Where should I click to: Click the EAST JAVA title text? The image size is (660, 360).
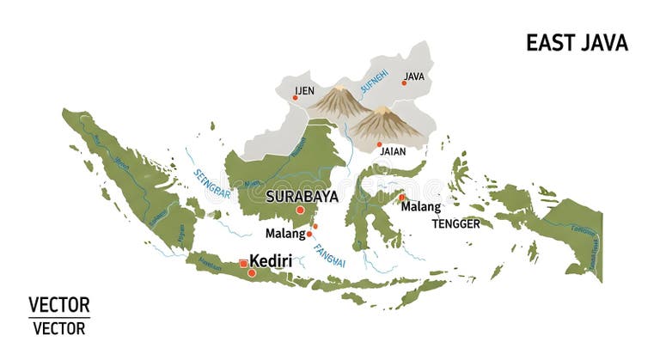click(x=577, y=43)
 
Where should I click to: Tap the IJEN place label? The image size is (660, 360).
click(x=304, y=89)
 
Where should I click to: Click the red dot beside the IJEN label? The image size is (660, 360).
click(x=295, y=98)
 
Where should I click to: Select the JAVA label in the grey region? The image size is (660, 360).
click(x=414, y=76)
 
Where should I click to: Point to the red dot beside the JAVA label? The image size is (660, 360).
click(x=404, y=82)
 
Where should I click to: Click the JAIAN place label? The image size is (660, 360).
click(x=393, y=151)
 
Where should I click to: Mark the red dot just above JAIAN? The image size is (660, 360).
click(x=379, y=144)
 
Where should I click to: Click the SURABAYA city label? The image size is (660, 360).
click(x=302, y=196)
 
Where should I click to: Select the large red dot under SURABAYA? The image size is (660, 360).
click(x=300, y=210)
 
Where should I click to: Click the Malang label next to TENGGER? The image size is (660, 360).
click(x=420, y=207)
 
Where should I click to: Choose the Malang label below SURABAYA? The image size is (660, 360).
click(x=285, y=233)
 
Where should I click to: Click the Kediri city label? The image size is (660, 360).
click(x=271, y=260)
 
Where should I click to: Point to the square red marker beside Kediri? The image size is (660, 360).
click(x=243, y=264)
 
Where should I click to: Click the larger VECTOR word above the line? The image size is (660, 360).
click(x=58, y=305)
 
